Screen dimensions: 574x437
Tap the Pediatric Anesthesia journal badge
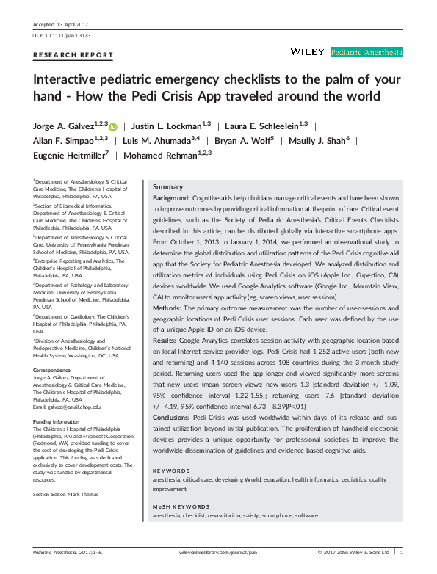[x=366, y=52]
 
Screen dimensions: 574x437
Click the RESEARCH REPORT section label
[x=73, y=55]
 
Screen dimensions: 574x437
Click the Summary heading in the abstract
[x=167, y=187]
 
